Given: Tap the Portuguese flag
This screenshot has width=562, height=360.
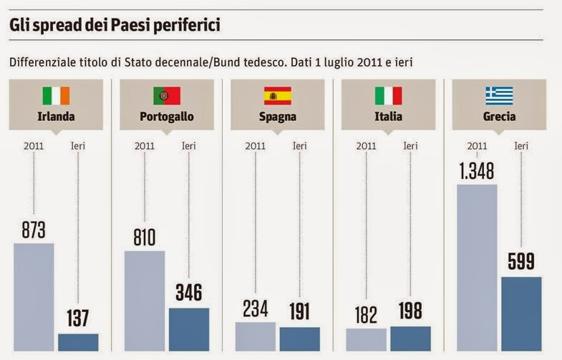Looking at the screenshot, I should pos(166,96).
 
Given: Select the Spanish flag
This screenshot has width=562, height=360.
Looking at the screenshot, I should pos(278,96).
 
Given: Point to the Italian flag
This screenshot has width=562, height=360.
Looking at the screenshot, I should pos(388,96).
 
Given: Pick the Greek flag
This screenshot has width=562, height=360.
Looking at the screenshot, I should pos(499,96).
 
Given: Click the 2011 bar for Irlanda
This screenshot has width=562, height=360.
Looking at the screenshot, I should pos(34,297).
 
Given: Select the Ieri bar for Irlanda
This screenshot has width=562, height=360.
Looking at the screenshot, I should pos(78,342).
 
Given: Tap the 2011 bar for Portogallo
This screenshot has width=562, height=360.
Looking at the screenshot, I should pos(145,301).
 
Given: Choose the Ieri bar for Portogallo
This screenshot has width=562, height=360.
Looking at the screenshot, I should pos(189,329).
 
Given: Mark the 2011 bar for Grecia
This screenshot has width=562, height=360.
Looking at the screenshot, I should pos(477,268).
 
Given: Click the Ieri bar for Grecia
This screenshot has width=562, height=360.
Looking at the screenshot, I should pos(521,313).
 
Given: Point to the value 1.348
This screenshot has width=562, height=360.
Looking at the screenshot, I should pos(477,171).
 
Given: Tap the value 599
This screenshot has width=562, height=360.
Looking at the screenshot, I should pos(521,262).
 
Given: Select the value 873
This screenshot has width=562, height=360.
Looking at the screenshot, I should pos(34,230).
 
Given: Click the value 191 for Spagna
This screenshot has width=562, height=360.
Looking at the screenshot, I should pos(300,312).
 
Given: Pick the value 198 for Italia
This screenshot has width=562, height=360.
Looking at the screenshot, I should pos(410,311).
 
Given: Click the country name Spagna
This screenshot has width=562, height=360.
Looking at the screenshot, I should pos(278,117).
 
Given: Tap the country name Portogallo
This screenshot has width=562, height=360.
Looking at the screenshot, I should pos(166,117).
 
